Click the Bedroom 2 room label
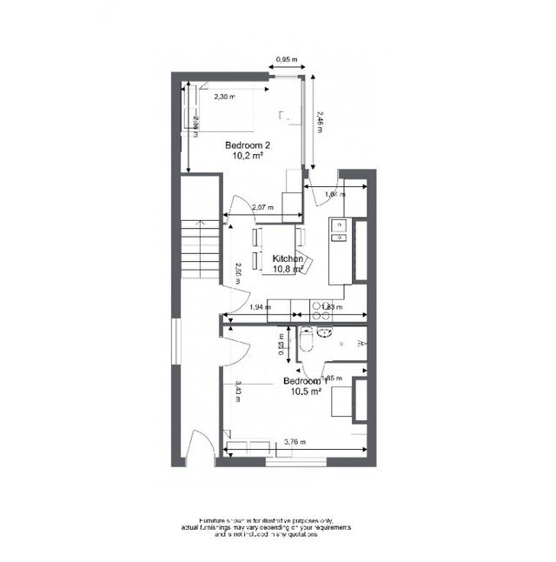click(248, 145)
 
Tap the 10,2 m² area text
click(248, 157)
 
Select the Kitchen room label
click(288, 259)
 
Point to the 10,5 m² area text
click(306, 392)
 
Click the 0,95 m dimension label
click(286, 60)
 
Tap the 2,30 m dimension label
click(224, 97)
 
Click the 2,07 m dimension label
click(262, 208)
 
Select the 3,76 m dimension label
click(296, 443)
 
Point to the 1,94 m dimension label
click(259, 307)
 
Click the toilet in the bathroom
click(305, 345)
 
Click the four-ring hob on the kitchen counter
click(312, 305)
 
